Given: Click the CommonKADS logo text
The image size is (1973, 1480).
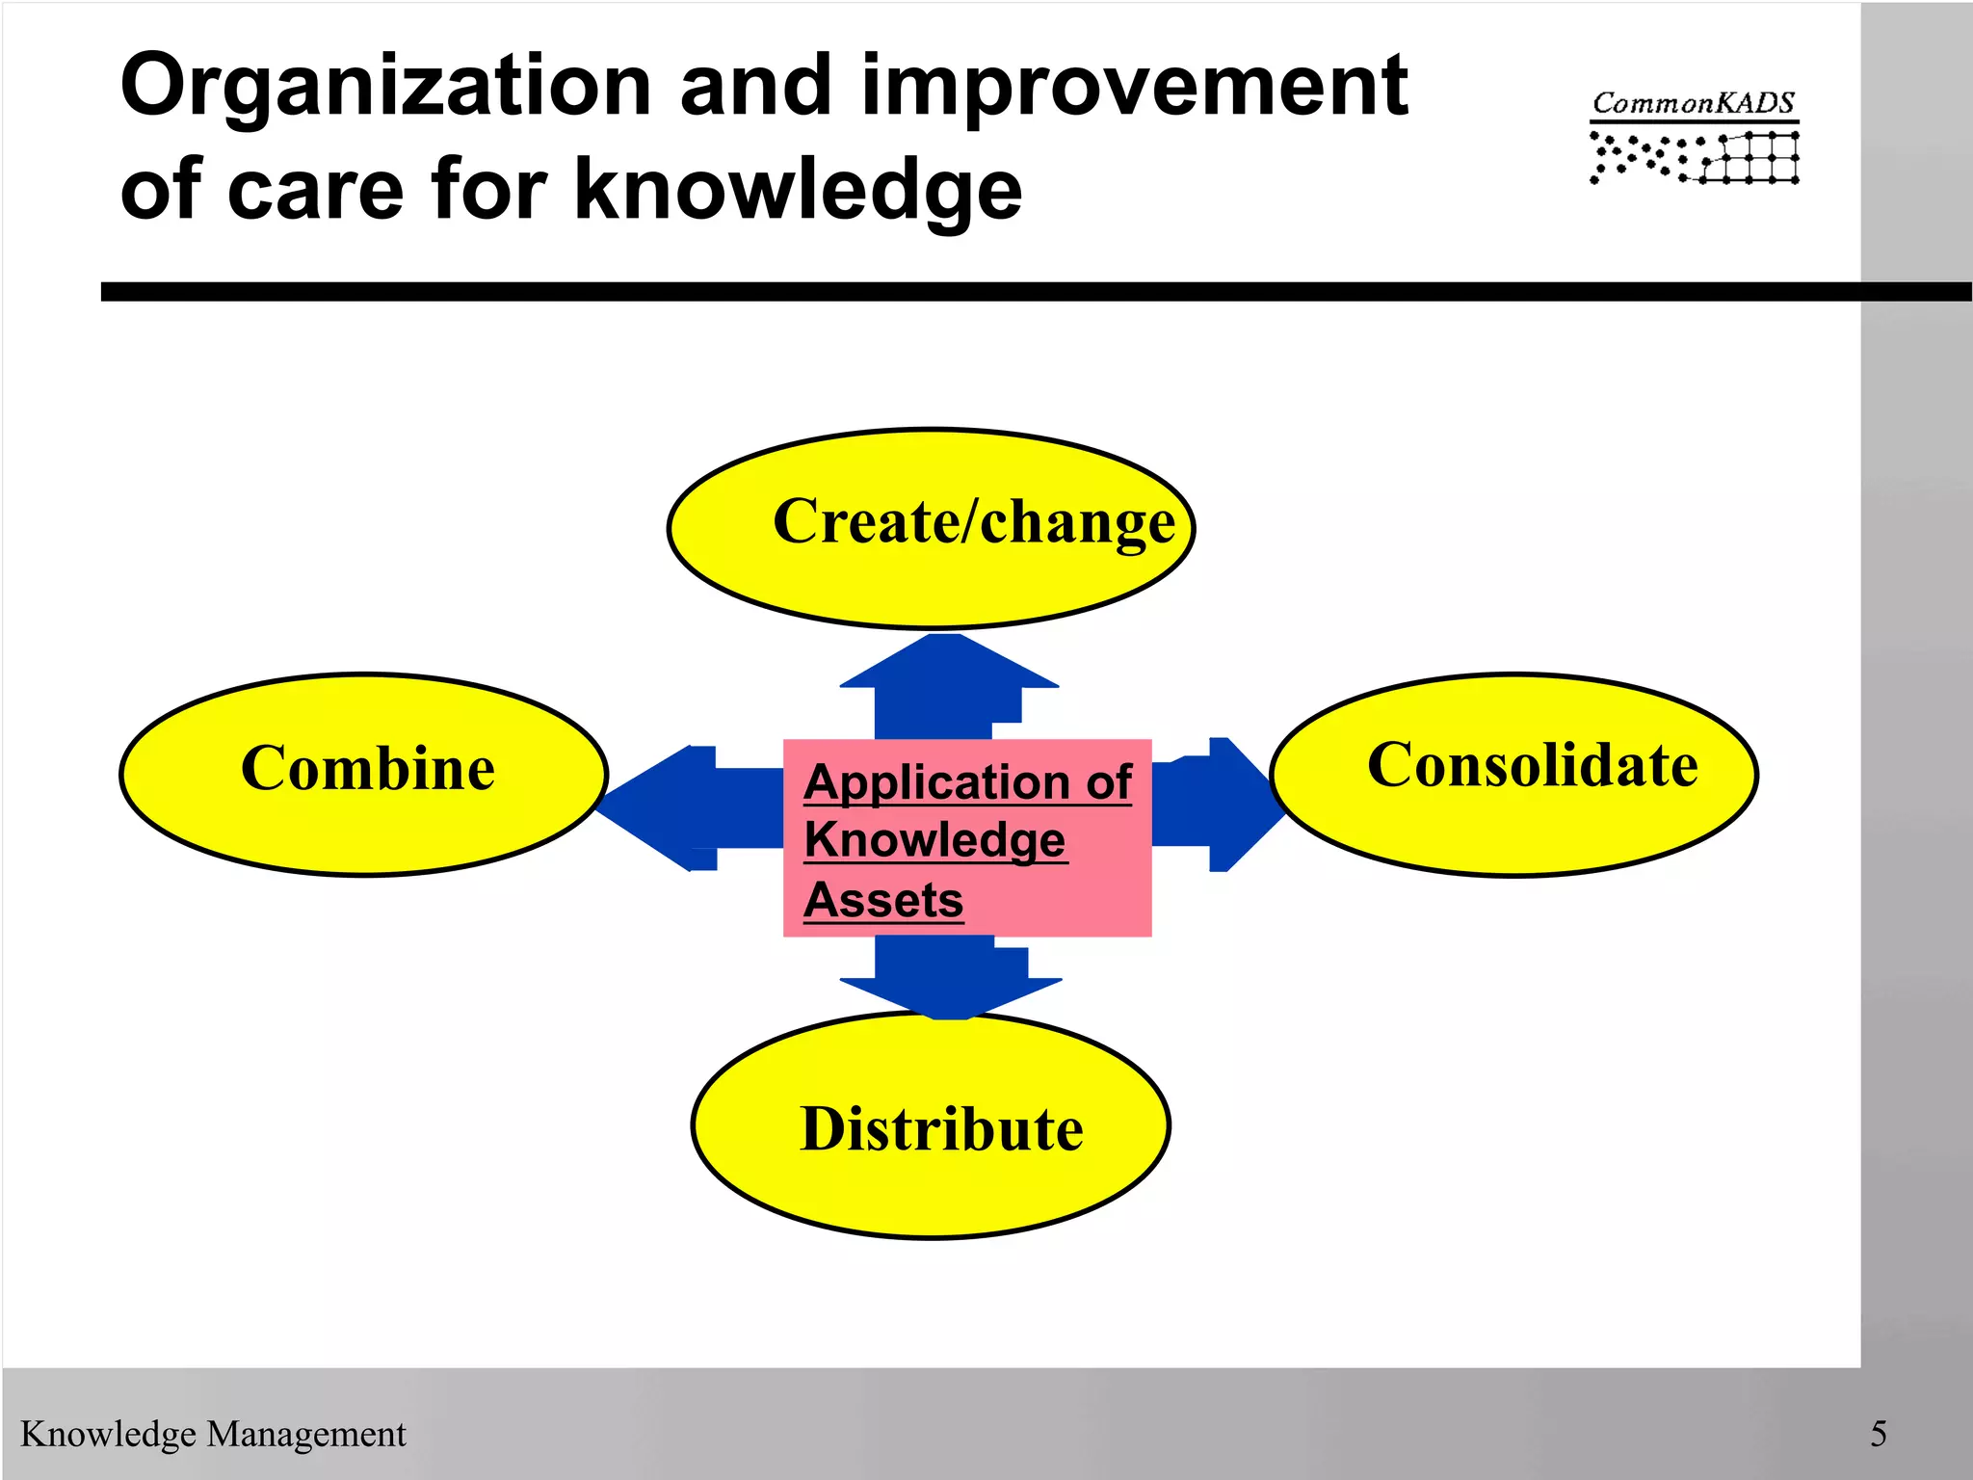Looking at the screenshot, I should [1693, 103].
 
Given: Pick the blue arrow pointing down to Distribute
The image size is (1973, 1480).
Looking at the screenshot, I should [949, 978].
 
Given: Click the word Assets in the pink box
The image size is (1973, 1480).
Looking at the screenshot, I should [883, 900].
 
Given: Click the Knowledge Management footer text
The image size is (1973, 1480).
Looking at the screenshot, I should [213, 1434].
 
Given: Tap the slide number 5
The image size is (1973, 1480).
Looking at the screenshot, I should [1878, 1434].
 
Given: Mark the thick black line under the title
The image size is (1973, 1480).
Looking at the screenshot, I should [963, 292].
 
